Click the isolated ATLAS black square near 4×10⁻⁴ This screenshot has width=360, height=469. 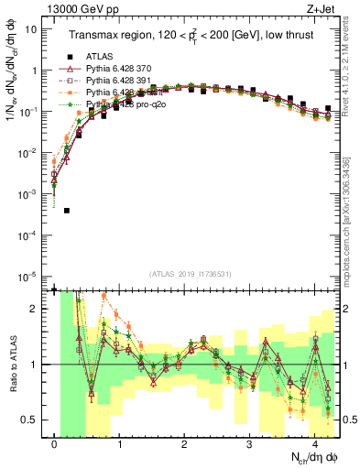(x=67, y=211)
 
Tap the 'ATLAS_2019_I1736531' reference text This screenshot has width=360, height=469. (x=191, y=275)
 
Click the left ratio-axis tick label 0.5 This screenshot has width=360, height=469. (x=31, y=420)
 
